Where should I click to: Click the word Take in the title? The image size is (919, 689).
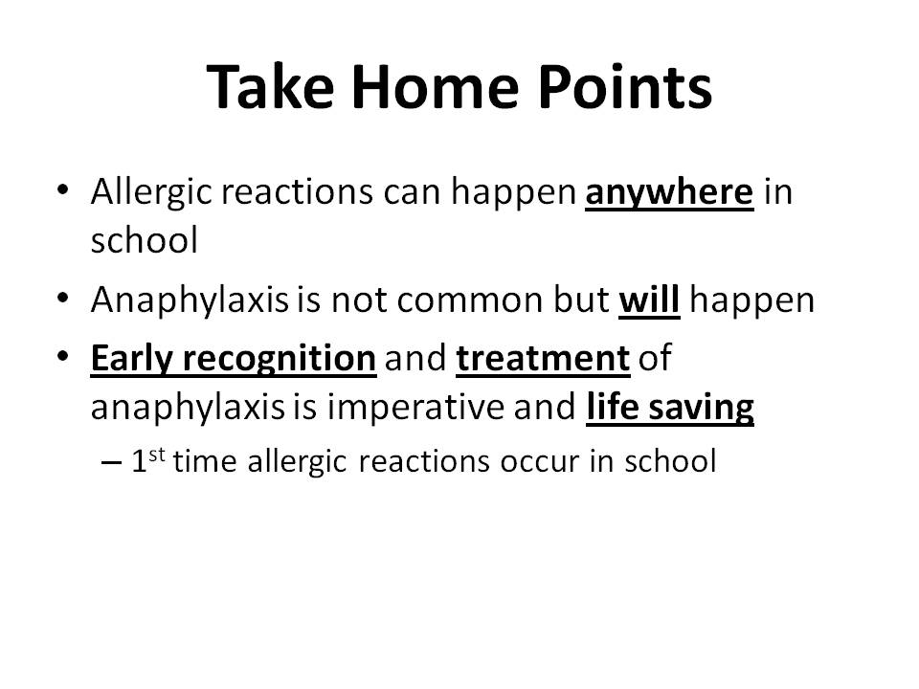[x=271, y=87]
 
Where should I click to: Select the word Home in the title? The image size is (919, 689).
[x=436, y=87]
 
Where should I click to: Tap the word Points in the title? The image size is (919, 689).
[x=625, y=87]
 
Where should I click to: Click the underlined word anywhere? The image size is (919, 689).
[x=669, y=193]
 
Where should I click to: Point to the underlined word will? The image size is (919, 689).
[x=649, y=299]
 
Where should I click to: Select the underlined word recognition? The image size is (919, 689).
[x=280, y=359]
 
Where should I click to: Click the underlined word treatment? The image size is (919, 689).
[x=544, y=358]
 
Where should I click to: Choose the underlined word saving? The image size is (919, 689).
[x=702, y=408]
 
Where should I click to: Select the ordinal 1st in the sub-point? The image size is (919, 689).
[x=147, y=460]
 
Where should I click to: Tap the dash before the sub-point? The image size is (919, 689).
[x=111, y=463]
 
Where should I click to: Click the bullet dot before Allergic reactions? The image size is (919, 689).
[x=63, y=189]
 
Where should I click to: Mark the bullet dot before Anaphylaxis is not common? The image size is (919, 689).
[x=63, y=298]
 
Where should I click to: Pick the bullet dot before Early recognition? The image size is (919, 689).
[x=63, y=356]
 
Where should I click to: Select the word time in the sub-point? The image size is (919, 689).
[x=205, y=460]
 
